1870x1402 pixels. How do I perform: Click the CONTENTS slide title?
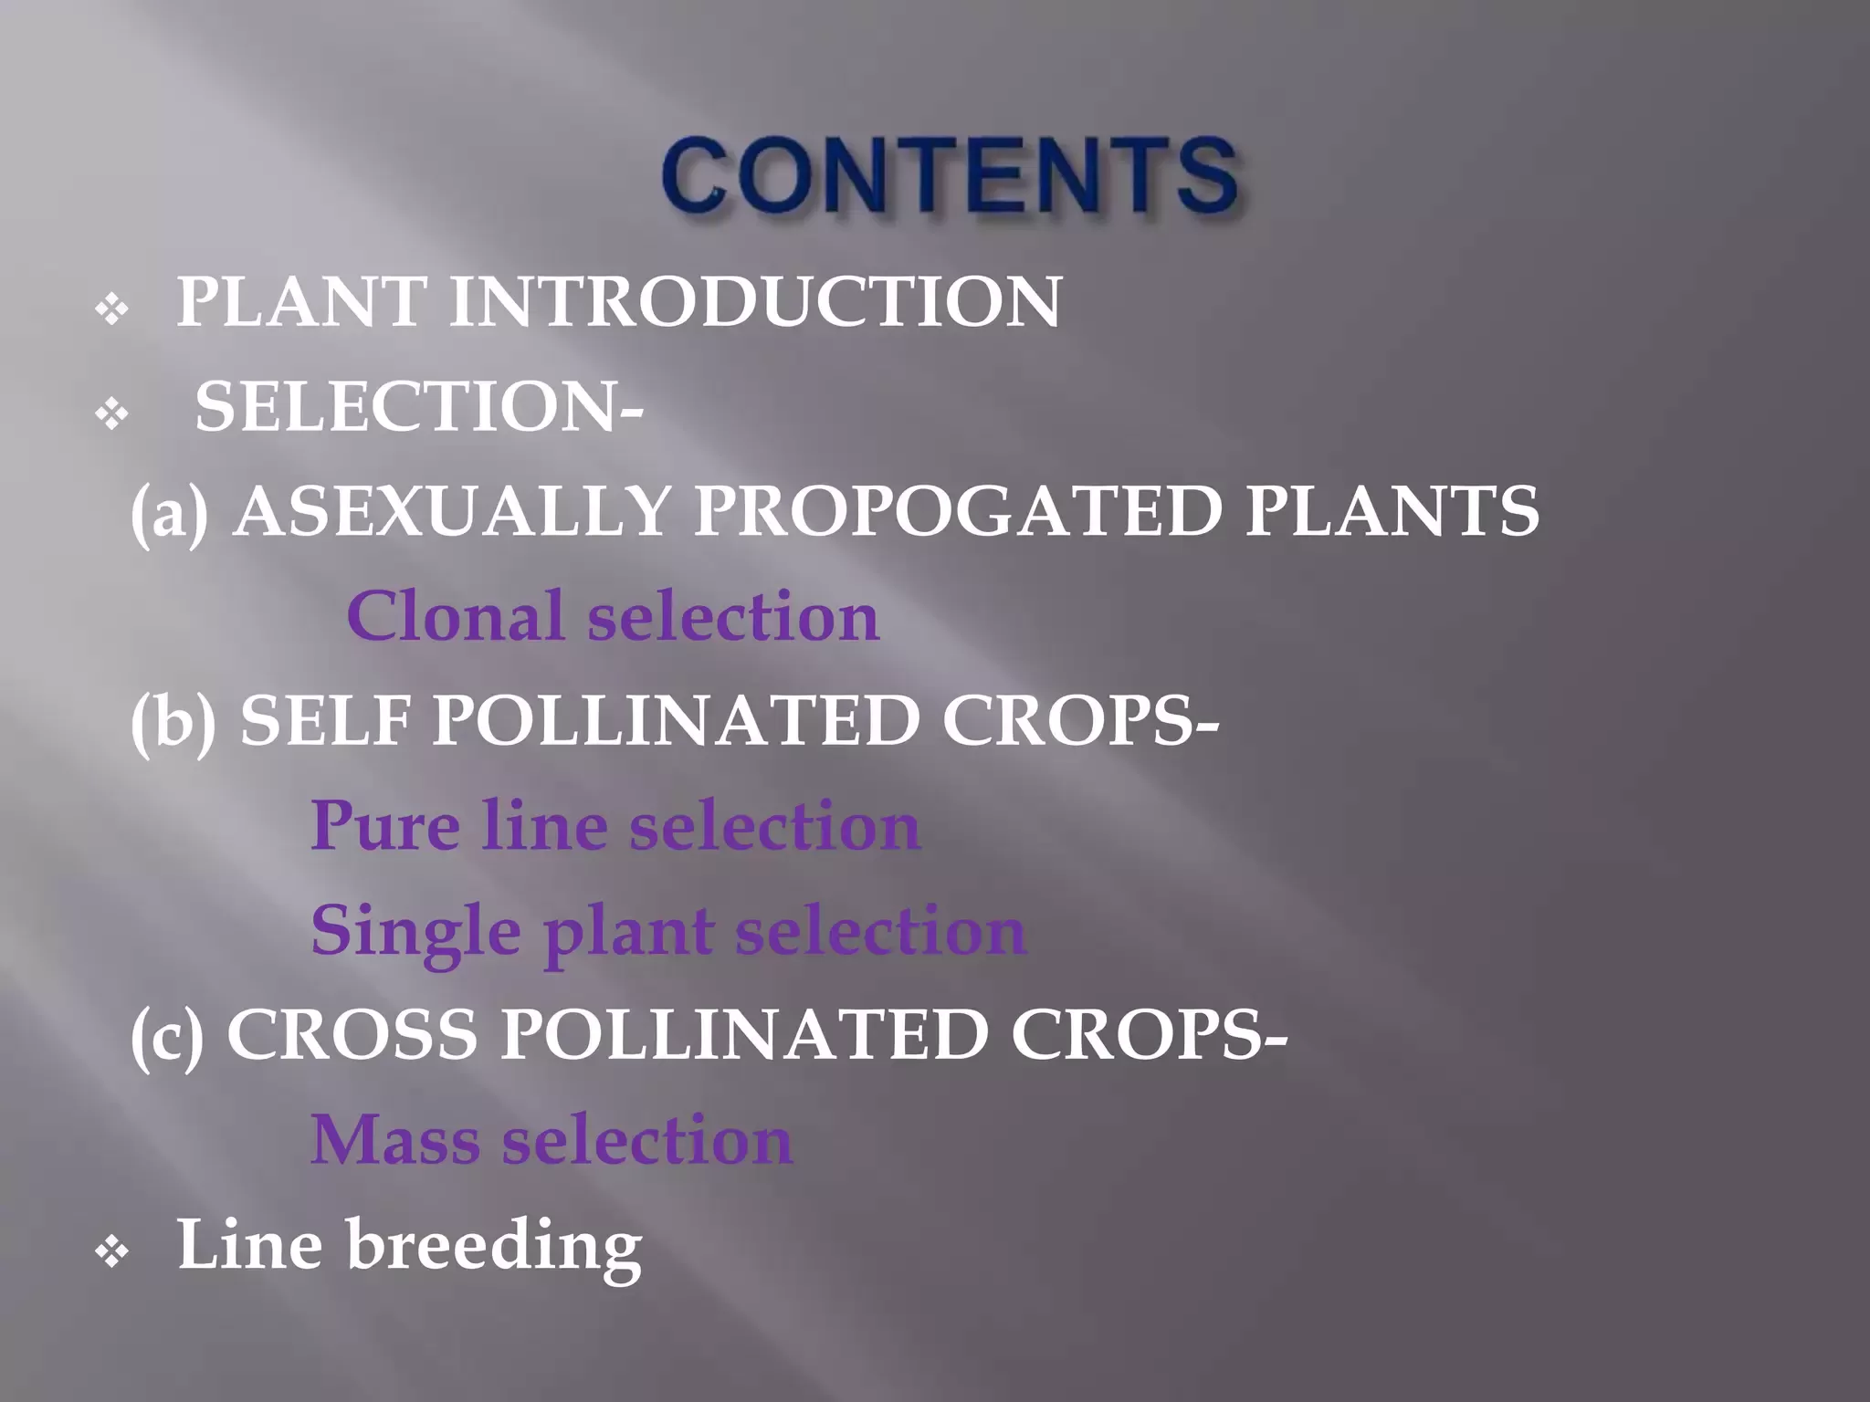[951, 174]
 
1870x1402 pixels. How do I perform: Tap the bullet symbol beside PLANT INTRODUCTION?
[111, 311]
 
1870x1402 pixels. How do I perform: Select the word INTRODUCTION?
[755, 301]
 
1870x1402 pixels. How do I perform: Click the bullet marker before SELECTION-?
[111, 415]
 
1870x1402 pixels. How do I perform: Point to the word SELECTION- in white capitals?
[419, 406]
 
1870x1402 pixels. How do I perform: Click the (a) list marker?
[170, 513]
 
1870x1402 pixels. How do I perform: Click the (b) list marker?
[173, 721]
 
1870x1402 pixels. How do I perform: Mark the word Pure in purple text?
[385, 825]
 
